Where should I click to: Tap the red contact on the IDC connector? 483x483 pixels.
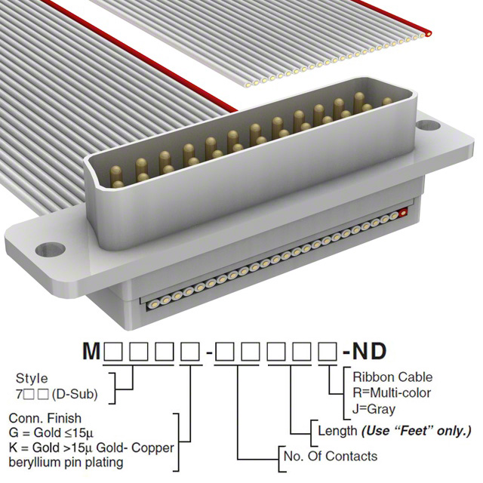click(x=404, y=214)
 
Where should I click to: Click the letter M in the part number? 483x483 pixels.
click(x=91, y=352)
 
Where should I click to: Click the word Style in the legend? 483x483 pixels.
click(x=31, y=379)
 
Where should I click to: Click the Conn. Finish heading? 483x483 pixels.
click(x=45, y=418)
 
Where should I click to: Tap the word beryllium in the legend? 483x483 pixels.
click(x=38, y=463)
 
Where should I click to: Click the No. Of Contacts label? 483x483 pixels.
click(x=329, y=456)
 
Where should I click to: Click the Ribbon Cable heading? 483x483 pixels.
click(x=392, y=377)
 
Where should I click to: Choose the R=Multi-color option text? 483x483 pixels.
click(x=392, y=392)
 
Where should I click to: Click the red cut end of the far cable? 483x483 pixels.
click(x=429, y=32)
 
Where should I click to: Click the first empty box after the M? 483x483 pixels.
click(x=113, y=352)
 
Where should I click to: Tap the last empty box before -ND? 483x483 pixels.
click(x=328, y=352)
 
